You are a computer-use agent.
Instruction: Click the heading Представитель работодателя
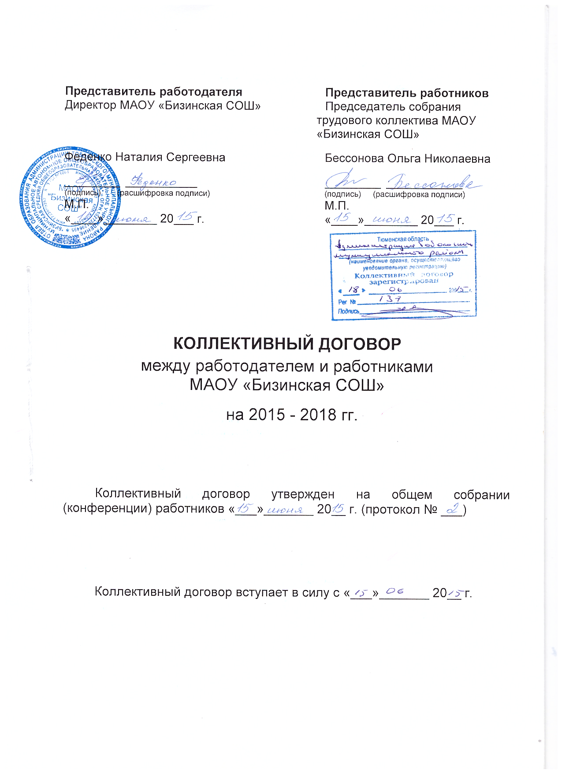[154, 92]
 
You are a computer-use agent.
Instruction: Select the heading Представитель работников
[406, 93]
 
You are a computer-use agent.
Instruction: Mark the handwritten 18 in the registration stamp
[353, 290]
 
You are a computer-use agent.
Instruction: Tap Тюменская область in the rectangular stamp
[403, 239]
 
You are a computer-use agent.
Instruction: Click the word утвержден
[303, 494]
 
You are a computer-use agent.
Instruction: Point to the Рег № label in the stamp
[347, 302]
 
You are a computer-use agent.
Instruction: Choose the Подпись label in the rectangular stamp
[348, 311]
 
